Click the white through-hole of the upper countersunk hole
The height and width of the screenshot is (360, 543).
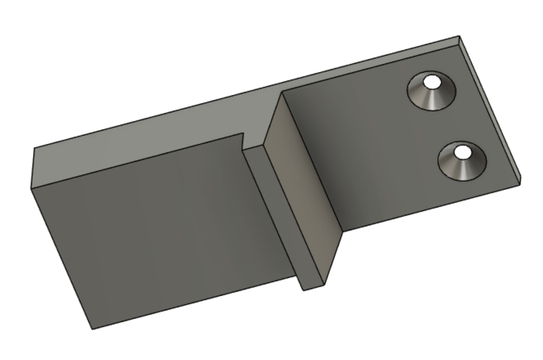pyautogui.click(x=433, y=83)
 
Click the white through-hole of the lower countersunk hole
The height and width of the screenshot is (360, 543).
pyautogui.click(x=463, y=151)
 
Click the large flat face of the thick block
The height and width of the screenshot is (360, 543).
pyautogui.click(x=163, y=229)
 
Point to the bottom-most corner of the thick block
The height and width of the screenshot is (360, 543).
pyautogui.click(x=91, y=329)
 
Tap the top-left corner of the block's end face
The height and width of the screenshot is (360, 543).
pyautogui.click(x=34, y=148)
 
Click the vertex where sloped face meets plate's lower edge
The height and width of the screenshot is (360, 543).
pyautogui.click(x=343, y=231)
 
